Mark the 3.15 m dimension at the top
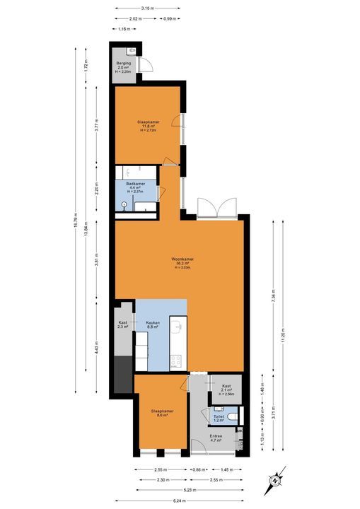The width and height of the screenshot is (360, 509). (x=149, y=8)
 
